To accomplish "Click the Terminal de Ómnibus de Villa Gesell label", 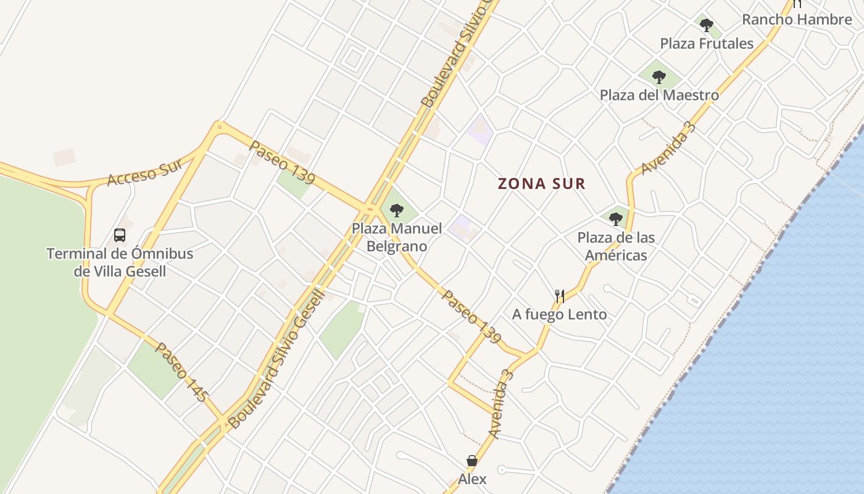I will tap(120, 262).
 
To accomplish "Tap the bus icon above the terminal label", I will tap(120, 235).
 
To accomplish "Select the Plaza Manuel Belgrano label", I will tap(397, 237).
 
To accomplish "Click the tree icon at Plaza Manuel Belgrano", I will tap(397, 211).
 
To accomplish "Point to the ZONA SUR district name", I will tap(541, 183).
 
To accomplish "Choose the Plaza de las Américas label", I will tap(616, 246).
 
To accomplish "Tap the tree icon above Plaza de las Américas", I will tap(615, 219).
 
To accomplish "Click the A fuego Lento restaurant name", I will tap(559, 314).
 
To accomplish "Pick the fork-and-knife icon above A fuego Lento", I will tap(559, 296).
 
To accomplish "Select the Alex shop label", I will tap(472, 479).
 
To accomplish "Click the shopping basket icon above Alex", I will tap(472, 461).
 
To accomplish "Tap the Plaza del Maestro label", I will tap(659, 95).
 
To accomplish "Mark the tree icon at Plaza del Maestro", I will tap(659, 77).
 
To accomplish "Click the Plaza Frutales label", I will tap(707, 43).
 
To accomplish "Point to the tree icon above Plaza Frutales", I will tap(707, 25).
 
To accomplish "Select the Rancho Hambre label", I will tap(796, 19).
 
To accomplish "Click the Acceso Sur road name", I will tap(146, 172).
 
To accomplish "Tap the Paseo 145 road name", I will tap(181, 372).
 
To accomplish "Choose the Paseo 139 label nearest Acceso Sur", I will tap(282, 162).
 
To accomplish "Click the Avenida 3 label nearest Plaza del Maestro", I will tap(668, 148).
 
